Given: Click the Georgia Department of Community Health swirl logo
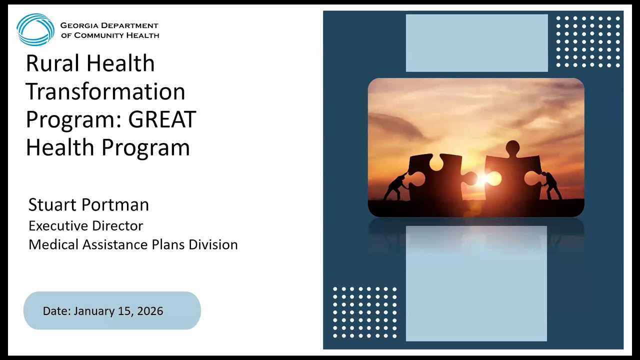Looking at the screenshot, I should pyautogui.click(x=35, y=29).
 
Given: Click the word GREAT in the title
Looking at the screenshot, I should pyautogui.click(x=162, y=119).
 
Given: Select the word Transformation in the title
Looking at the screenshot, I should pyautogui.click(x=105, y=91).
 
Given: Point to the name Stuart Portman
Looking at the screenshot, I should pyautogui.click(x=88, y=204).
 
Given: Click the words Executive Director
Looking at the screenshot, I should pyautogui.click(x=85, y=225).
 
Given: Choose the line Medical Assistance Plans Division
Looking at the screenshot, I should pyautogui.click(x=133, y=244).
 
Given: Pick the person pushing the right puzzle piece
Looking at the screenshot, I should pyautogui.click(x=551, y=185).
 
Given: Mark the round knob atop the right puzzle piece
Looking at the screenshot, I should pyautogui.click(x=512, y=147).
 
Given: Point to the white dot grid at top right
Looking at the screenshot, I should pyautogui.click(x=588, y=41).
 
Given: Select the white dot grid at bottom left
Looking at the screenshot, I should pyautogui.click(x=364, y=312).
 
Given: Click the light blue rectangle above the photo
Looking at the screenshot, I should pyautogui.click(x=476, y=43).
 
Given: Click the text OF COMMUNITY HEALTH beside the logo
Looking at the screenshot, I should pyautogui.click(x=110, y=35).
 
